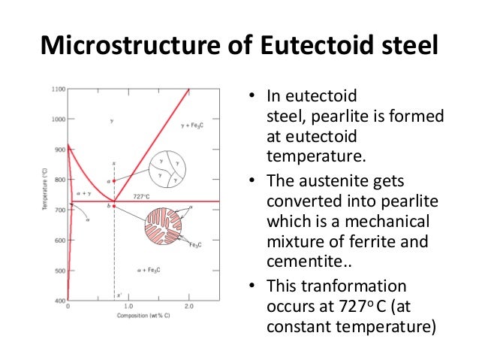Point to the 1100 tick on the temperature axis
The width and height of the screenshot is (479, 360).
pos(59,89)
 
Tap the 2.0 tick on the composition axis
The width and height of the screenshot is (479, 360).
pos(188,307)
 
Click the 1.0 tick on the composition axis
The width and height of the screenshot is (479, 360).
pos(128,307)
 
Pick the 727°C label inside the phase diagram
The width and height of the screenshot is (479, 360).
pos(143,196)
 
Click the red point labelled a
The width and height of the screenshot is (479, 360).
pos(114,181)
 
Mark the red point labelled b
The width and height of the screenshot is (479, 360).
pos(114,205)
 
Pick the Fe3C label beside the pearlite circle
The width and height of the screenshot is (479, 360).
pos(194,245)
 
